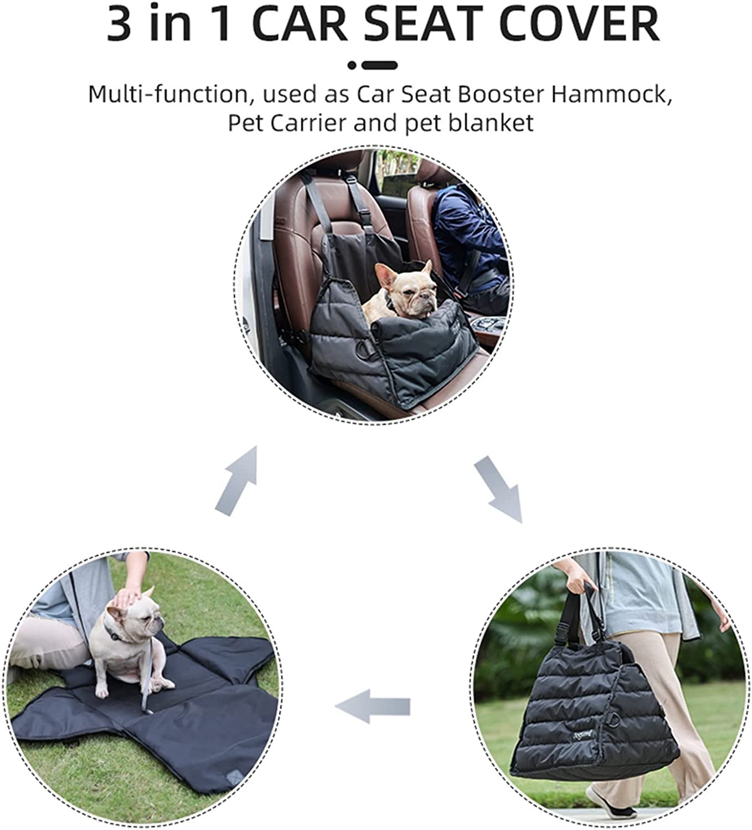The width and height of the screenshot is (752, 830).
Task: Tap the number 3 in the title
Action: (121, 24)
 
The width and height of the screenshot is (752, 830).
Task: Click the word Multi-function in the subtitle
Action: (166, 95)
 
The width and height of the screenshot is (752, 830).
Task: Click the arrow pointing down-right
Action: (498, 489)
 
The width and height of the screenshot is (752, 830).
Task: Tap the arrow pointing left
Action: (373, 707)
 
